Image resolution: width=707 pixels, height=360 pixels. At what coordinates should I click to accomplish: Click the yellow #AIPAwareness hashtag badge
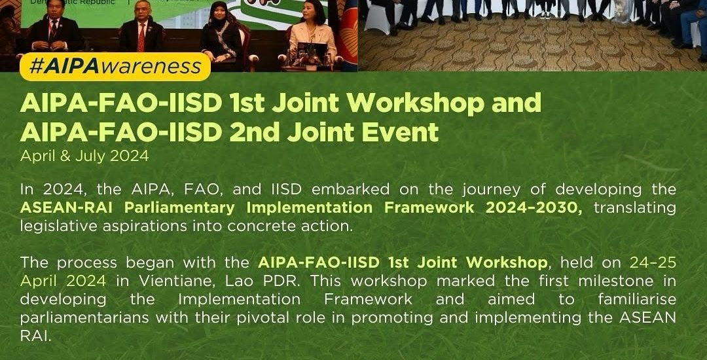(x=115, y=67)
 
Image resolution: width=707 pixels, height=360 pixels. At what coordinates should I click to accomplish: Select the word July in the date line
(x=90, y=156)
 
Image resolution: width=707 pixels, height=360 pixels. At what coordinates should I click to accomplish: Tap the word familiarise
(x=637, y=299)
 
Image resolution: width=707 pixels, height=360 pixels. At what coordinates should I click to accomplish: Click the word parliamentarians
(x=84, y=318)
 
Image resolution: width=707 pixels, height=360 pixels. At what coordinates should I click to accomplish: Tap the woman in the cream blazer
(x=312, y=35)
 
